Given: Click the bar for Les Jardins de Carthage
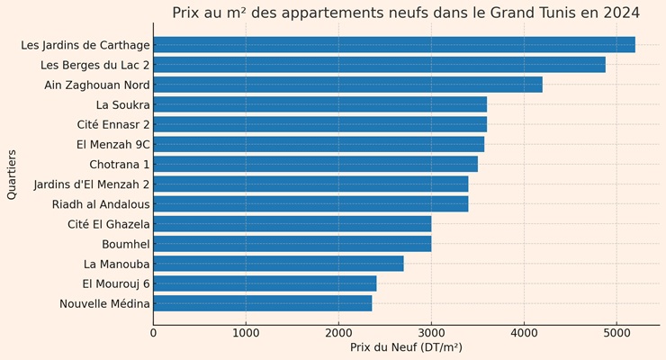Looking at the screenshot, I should pyautogui.click(x=394, y=45).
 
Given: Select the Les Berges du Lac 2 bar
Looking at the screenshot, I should pyautogui.click(x=379, y=65).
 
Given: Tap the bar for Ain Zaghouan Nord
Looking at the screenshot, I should pyautogui.click(x=347, y=85).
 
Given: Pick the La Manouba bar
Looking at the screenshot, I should pyautogui.click(x=278, y=264).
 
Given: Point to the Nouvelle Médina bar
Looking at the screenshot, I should pyautogui.click(x=262, y=303).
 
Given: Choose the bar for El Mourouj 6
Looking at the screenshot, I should pyautogui.click(x=265, y=283).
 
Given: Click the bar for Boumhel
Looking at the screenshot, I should pyautogui.click(x=292, y=244).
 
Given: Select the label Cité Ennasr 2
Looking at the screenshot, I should pyautogui.click(x=114, y=124).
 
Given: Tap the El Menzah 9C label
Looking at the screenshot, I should pyautogui.click(x=113, y=144).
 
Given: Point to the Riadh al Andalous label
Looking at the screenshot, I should pyautogui.click(x=101, y=204).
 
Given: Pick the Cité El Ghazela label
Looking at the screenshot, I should pyautogui.click(x=108, y=224).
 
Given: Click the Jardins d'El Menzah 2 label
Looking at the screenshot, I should pyautogui.click(x=92, y=184).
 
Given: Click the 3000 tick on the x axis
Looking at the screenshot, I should pyautogui.click(x=431, y=333).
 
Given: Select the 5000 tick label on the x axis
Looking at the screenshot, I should pyautogui.click(x=616, y=333).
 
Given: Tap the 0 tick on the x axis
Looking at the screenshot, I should pyautogui.click(x=153, y=333).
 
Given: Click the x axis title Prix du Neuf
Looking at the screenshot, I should pyautogui.click(x=406, y=347).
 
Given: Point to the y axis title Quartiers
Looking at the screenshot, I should pyautogui.click(x=12, y=175).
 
